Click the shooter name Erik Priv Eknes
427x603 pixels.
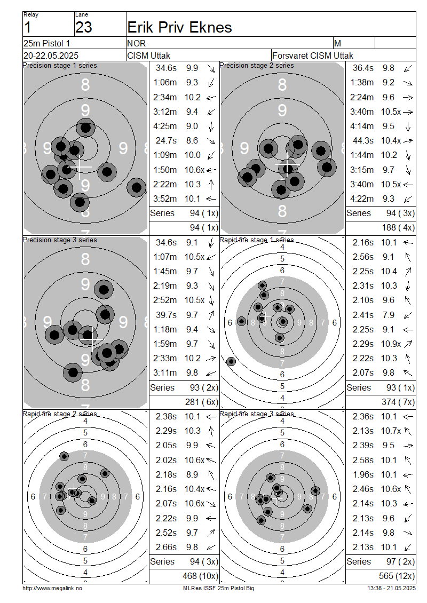179,28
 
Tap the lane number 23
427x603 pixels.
83,28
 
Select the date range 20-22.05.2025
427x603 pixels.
51,55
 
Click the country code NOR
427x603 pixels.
137,43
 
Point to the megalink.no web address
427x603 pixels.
52,588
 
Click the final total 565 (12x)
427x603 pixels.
397,576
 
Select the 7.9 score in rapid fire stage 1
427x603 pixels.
388,315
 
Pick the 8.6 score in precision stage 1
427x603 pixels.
192,140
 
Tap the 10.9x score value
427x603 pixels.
391,344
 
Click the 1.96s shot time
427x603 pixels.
363,474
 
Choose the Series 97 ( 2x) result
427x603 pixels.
381,561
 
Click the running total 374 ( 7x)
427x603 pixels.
398,402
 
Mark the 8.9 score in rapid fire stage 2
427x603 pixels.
192,474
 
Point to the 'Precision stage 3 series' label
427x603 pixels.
60,240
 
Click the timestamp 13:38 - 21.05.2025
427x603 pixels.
391,588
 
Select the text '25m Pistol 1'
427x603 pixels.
46,43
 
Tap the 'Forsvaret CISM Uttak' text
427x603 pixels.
313,55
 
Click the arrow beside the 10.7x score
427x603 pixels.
408,431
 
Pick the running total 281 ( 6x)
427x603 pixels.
202,402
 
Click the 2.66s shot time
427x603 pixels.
166,547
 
